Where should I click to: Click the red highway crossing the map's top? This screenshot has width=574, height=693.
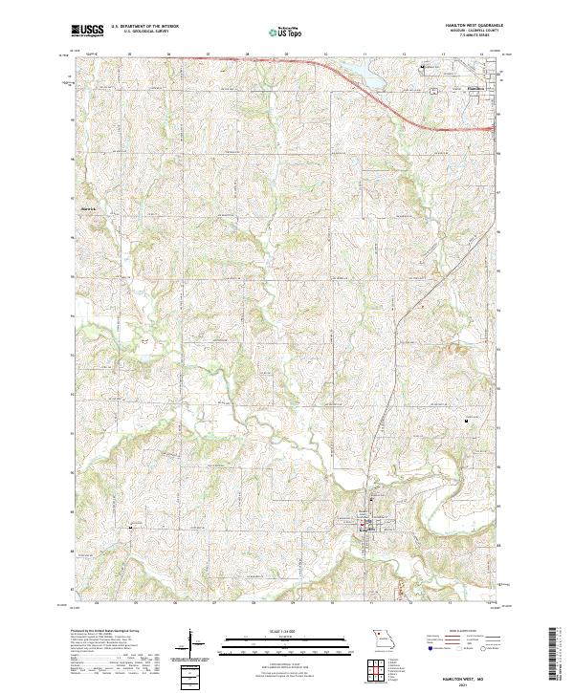click(287, 60)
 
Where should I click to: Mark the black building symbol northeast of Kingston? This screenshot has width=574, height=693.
click(467, 421)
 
